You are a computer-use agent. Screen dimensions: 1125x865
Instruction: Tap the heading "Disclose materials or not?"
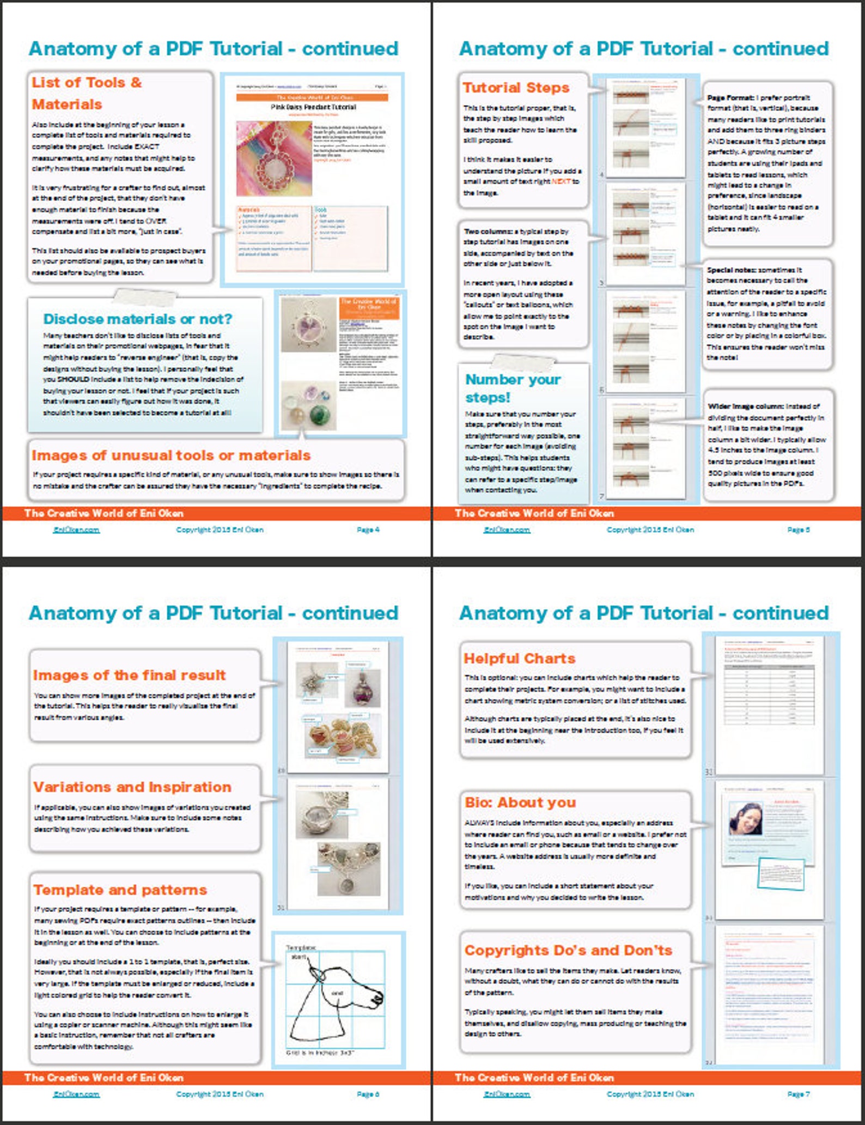pyautogui.click(x=137, y=319)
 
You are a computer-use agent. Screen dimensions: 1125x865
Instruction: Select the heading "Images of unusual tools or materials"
pyautogui.click(x=170, y=455)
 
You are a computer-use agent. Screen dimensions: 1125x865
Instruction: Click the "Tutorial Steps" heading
pyautogui.click(x=515, y=88)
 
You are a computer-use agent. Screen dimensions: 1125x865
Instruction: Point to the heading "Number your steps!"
pyautogui.click(x=512, y=388)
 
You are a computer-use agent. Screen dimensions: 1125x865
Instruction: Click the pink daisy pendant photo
pyautogui.click(x=274, y=158)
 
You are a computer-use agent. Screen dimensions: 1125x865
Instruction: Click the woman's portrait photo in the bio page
pyautogui.click(x=746, y=819)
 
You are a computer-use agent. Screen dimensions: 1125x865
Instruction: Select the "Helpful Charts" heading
pyautogui.click(x=519, y=658)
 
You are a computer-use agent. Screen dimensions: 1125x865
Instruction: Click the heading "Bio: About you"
pyautogui.click(x=520, y=802)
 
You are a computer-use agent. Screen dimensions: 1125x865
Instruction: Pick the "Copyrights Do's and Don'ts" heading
pyautogui.click(x=568, y=951)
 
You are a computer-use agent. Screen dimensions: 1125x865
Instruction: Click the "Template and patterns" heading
pyautogui.click(x=120, y=890)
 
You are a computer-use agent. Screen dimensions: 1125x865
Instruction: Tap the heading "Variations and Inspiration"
pyautogui.click(x=132, y=787)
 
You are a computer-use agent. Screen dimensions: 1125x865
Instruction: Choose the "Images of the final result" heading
pyautogui.click(x=129, y=675)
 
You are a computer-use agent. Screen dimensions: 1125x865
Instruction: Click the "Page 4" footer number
pyautogui.click(x=368, y=530)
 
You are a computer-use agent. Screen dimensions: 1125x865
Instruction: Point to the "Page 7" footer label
pyautogui.click(x=798, y=1094)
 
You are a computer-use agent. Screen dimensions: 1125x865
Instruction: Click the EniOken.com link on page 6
pyautogui.click(x=76, y=1094)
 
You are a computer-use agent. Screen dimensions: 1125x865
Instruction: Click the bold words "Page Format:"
pyautogui.click(x=730, y=98)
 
